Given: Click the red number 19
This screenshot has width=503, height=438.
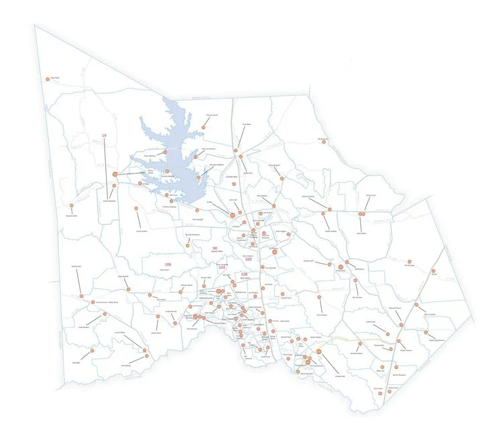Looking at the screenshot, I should [x=104, y=136].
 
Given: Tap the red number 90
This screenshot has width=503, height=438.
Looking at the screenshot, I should [x=215, y=248].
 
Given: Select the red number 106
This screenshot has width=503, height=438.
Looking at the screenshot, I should [x=168, y=265].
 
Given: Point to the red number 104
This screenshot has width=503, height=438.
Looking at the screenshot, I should [x=223, y=267].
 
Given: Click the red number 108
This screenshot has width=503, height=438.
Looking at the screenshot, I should [x=244, y=274].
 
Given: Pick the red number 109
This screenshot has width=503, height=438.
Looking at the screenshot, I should [x=248, y=260].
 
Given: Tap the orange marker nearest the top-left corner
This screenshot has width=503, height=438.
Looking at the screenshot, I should [x=47, y=78].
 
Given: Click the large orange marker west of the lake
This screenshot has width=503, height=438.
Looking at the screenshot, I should [x=115, y=174].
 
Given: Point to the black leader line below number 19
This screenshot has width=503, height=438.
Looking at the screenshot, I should [x=105, y=168].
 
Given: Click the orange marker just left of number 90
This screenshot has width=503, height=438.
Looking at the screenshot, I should [x=188, y=245].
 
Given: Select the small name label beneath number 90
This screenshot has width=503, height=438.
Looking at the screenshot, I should [x=216, y=253].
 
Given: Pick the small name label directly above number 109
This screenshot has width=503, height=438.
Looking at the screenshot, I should [x=248, y=255].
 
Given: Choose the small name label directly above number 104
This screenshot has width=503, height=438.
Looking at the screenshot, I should [x=221, y=262].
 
